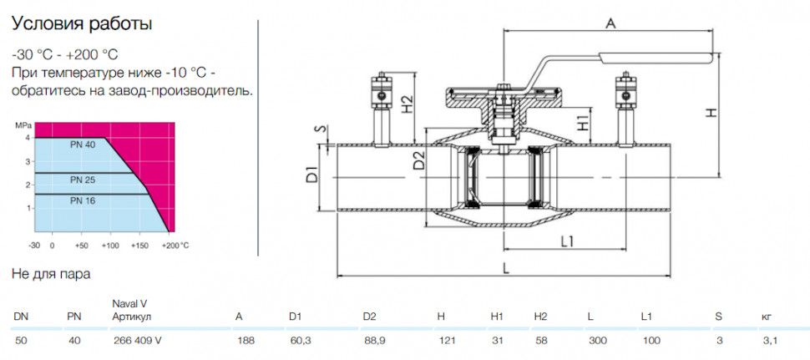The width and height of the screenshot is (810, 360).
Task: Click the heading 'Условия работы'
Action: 82,24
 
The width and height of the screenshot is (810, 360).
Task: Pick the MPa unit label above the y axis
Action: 23,125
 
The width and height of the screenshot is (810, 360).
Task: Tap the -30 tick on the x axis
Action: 34,246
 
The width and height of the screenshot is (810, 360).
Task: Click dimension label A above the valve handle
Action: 611,23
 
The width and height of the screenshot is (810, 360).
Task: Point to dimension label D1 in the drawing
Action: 312,177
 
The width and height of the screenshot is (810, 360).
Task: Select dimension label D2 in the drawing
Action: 419,160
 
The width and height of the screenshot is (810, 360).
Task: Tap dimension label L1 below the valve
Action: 568,241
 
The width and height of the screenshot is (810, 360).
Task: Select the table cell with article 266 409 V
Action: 137,340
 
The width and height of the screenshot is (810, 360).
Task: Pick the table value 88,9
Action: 372,340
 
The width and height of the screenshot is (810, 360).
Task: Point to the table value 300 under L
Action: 595,340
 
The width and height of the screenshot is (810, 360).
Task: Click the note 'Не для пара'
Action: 51,274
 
